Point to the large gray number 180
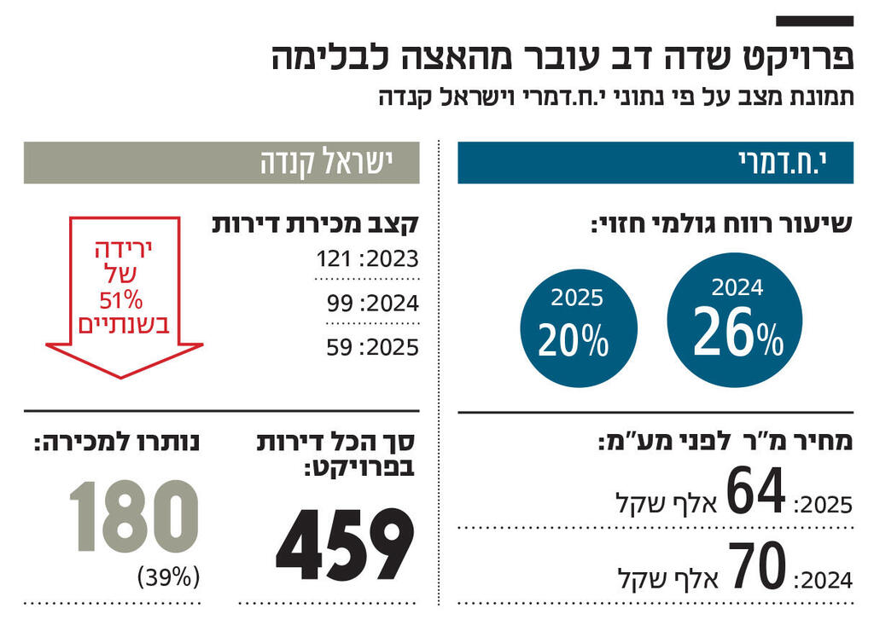click(133, 517)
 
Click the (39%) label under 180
click(168, 577)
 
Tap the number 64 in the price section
click(755, 493)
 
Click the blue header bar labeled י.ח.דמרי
click(655, 163)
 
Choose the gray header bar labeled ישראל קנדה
click(221, 163)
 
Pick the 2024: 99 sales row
click(372, 304)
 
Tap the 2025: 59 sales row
click(372, 348)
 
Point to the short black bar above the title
click(814, 20)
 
